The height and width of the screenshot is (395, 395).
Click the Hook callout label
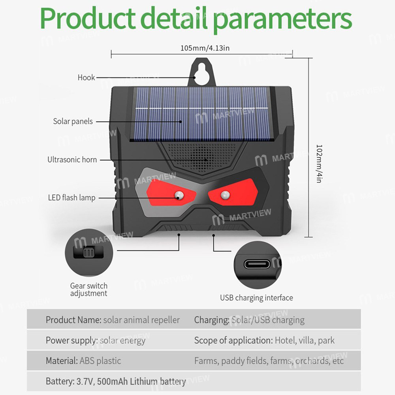(x=86, y=77)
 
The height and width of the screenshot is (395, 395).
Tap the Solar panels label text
(x=73, y=121)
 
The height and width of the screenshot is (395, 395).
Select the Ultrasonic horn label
(x=72, y=160)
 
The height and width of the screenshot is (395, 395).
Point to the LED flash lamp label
(x=71, y=197)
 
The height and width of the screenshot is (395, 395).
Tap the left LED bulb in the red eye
(x=179, y=195)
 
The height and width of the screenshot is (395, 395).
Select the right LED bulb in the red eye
(x=225, y=194)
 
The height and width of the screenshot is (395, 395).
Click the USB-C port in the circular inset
(x=257, y=264)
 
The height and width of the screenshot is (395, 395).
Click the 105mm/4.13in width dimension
(x=205, y=48)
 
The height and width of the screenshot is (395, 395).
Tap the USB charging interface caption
(x=256, y=298)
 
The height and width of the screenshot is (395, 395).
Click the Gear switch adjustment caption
(x=89, y=290)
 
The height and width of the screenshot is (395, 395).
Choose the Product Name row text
(x=113, y=320)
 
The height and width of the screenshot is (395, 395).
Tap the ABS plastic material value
(x=100, y=361)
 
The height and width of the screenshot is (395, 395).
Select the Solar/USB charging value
(x=268, y=320)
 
